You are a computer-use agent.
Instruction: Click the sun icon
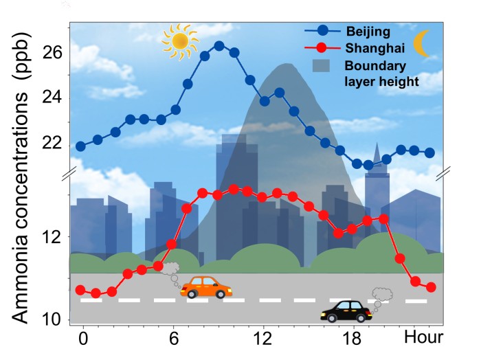click(x=179, y=41)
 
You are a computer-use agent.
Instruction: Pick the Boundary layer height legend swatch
click(x=324, y=67)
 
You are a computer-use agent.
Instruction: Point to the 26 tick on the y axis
click(x=53, y=53)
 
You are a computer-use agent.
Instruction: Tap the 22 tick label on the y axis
click(x=53, y=143)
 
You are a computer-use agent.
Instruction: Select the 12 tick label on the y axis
click(x=53, y=237)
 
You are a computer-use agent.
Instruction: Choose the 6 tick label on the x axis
click(x=173, y=337)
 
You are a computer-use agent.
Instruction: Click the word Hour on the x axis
click(x=423, y=337)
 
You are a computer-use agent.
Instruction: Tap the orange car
click(x=206, y=286)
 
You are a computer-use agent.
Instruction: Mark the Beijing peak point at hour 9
click(x=219, y=45)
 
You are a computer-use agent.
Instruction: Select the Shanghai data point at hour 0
click(x=80, y=290)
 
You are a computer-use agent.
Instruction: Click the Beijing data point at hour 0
click(x=80, y=146)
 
